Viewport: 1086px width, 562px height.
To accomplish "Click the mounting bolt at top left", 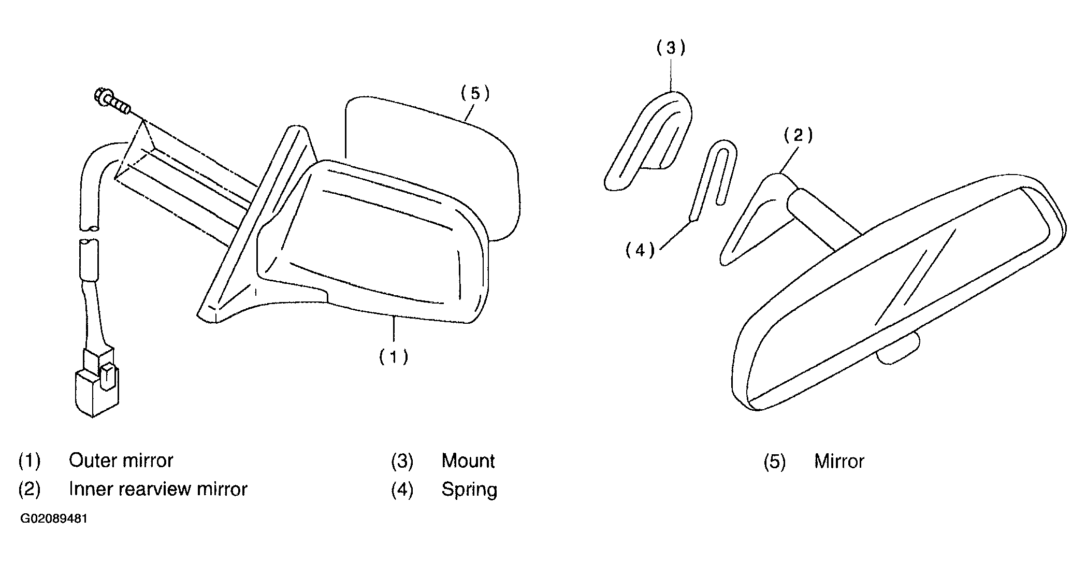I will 111,102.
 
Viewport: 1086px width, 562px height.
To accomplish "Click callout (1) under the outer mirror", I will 394,357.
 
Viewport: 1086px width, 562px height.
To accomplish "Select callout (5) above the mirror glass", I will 475,93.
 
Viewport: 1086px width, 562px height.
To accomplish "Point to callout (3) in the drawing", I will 671,48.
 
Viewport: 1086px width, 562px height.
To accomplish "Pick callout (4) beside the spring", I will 640,251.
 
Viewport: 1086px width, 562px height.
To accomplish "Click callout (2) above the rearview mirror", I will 798,136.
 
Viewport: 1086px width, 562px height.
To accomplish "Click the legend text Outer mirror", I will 121,460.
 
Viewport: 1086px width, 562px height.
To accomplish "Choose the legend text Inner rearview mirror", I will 158,489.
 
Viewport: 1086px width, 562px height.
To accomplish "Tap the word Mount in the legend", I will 468,460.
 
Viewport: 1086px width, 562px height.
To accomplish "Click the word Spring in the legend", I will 469,489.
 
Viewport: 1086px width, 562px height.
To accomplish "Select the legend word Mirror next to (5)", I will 839,461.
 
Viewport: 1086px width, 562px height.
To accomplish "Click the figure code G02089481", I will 53,519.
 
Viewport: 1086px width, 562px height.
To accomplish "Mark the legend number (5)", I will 774,461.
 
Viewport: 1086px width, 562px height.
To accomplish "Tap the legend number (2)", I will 29,489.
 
